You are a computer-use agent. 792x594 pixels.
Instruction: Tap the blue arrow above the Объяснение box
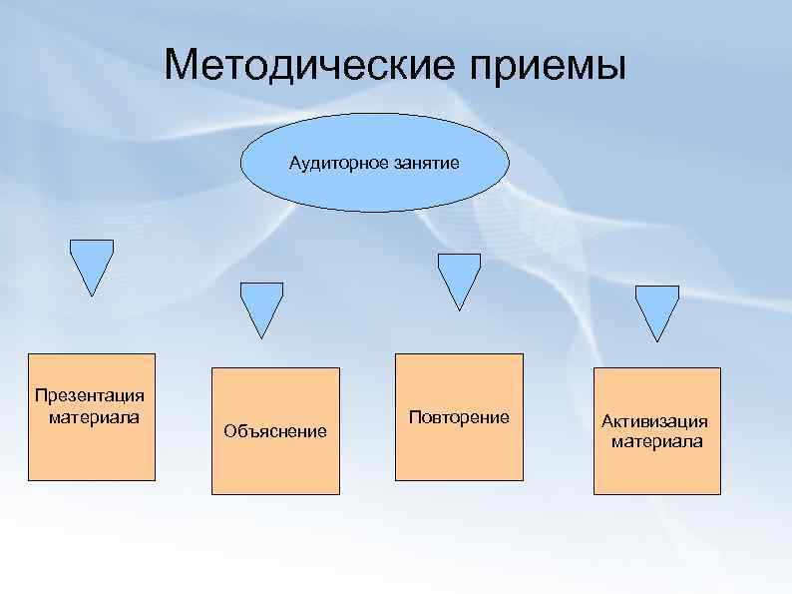click(x=262, y=305)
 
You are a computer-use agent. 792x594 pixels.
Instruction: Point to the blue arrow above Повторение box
click(x=460, y=278)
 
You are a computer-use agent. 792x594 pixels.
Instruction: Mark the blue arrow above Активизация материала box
click(x=657, y=309)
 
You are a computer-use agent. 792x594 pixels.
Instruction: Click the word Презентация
click(x=90, y=396)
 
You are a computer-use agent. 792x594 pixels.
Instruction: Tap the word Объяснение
click(x=275, y=431)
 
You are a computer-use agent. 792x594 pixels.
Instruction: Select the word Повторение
click(x=459, y=416)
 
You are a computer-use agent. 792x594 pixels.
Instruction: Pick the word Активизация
click(x=655, y=421)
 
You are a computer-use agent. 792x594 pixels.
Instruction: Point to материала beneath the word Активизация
click(x=656, y=440)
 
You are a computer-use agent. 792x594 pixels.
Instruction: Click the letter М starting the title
click(x=181, y=66)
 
